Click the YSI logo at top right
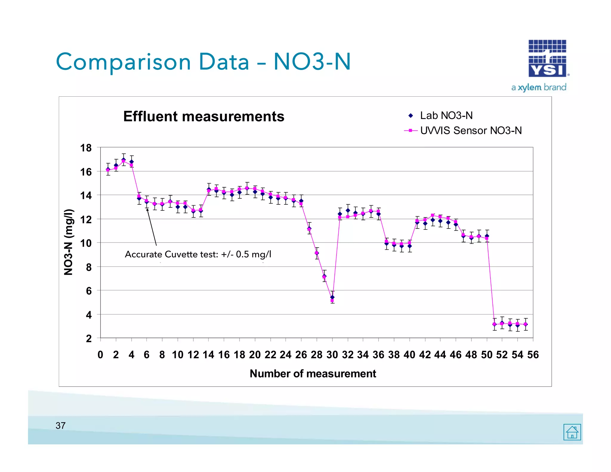[x=547, y=58]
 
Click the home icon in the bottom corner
[x=572, y=432]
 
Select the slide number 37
[x=61, y=426]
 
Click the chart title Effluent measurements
[x=204, y=116]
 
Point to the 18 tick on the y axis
[x=86, y=148]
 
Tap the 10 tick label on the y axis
[x=86, y=243]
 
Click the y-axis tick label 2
[x=89, y=339]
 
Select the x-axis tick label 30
[x=332, y=355]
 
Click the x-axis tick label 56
[x=533, y=355]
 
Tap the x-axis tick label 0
[x=100, y=355]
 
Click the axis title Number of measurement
[x=313, y=374]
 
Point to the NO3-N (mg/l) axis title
[x=68, y=242]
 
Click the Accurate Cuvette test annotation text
[x=198, y=254]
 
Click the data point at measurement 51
[x=494, y=324]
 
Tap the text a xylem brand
[x=539, y=87]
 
